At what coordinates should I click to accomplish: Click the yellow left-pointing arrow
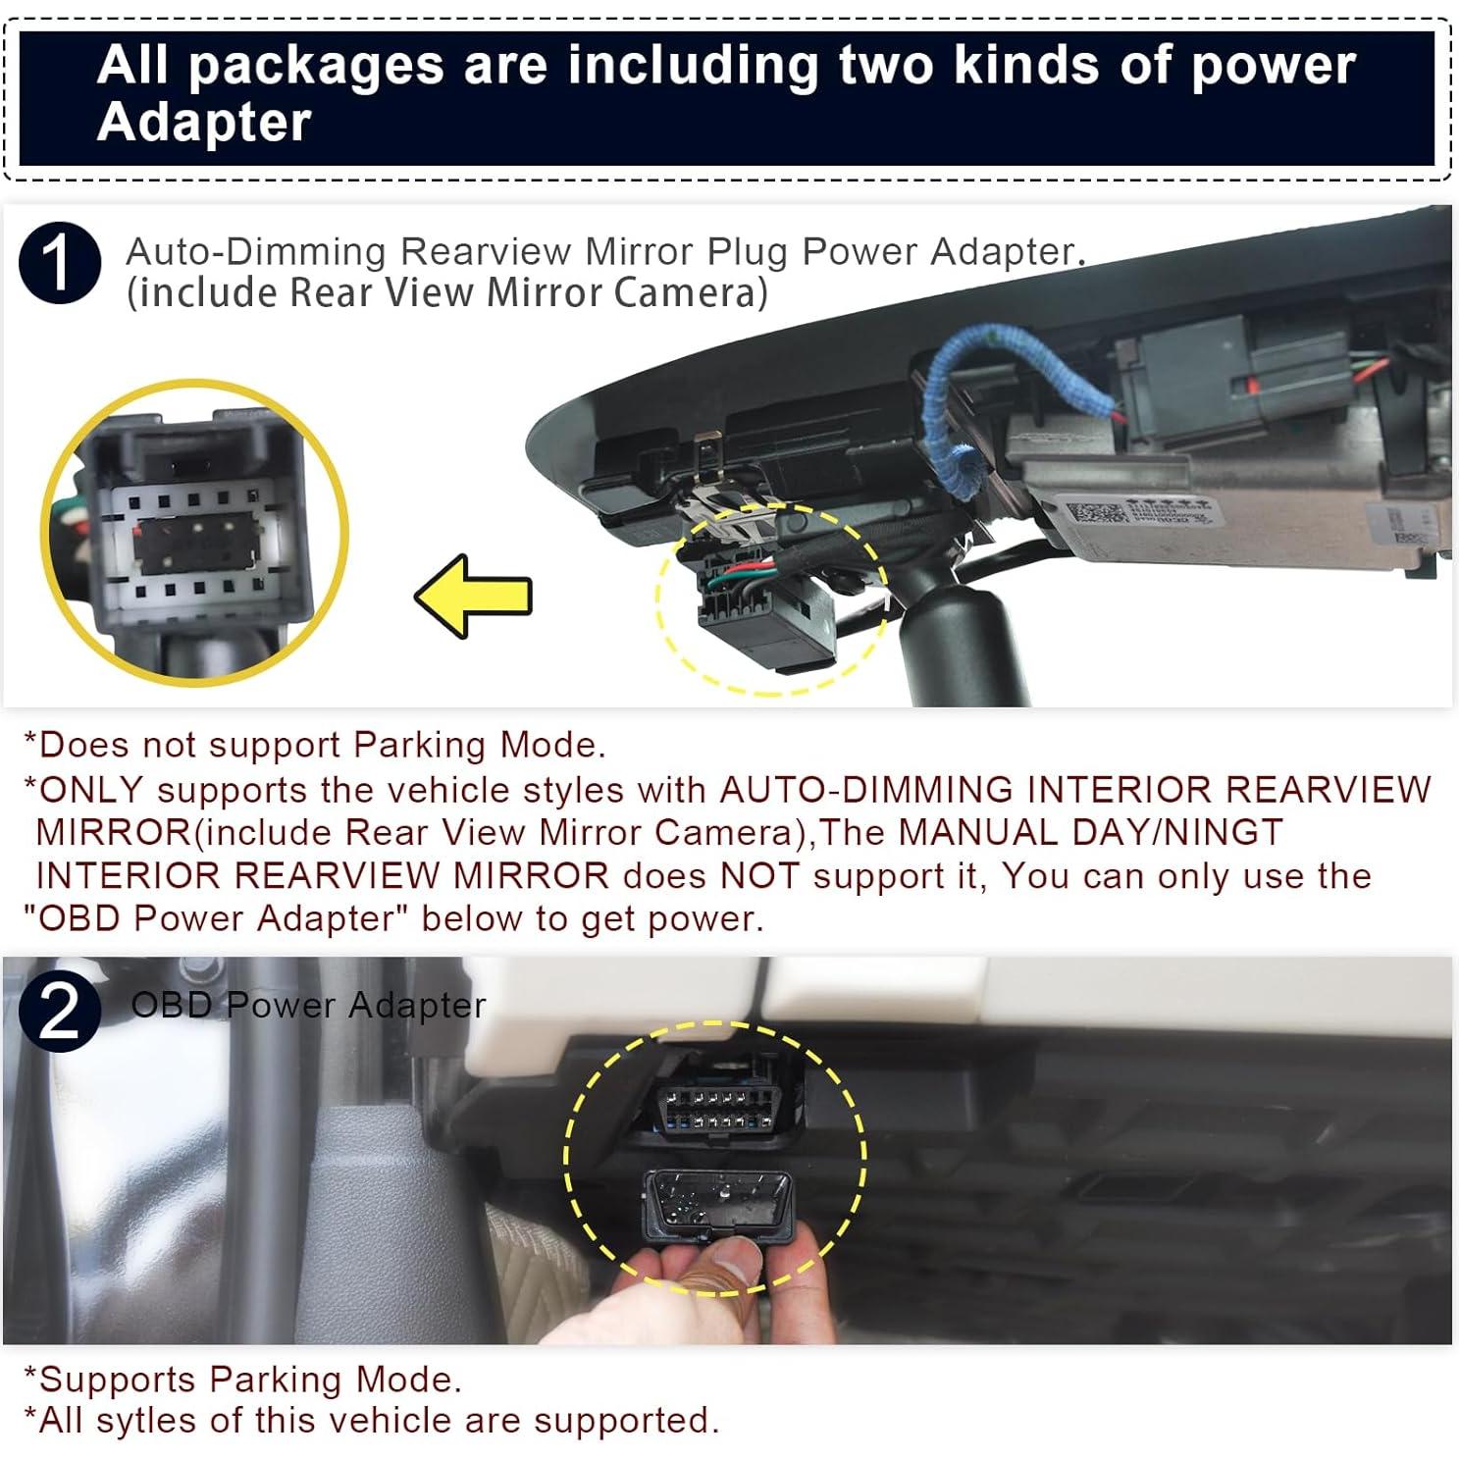474,596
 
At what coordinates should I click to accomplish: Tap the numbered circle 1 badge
60,263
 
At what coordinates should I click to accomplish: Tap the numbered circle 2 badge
60,1011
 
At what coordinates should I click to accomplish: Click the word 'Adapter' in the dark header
204,124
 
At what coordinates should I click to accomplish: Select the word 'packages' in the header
315,66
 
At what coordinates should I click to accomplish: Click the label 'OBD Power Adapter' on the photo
308,1005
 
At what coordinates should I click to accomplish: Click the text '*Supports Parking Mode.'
242,1379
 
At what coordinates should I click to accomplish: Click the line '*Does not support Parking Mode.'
315,745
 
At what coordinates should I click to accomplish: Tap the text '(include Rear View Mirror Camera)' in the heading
447,293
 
